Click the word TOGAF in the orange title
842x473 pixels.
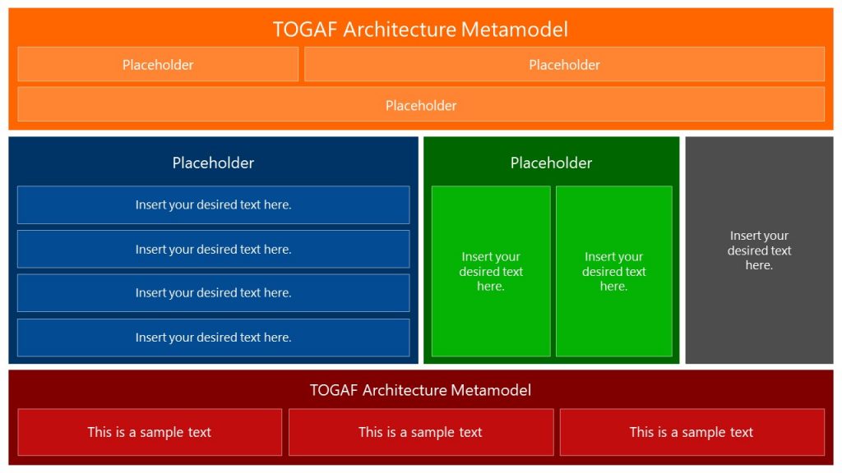(305, 30)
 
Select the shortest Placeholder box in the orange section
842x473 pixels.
(158, 65)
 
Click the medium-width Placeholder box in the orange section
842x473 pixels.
(564, 65)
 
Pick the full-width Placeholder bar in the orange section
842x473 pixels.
(420, 105)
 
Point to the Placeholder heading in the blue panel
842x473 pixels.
(213, 163)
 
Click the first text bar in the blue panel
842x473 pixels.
(213, 204)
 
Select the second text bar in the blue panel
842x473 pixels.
(213, 249)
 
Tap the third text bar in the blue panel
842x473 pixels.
(213, 292)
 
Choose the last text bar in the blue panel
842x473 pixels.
(213, 337)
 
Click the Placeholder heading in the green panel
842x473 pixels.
(551, 163)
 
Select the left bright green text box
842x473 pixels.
(491, 271)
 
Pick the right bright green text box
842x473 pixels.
(613, 271)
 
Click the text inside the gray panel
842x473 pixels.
(759, 250)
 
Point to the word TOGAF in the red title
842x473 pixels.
(333, 390)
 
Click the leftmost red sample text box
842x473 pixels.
(150, 432)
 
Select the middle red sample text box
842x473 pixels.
(420, 432)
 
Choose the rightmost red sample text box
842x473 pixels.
(692, 432)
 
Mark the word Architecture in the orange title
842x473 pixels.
(399, 30)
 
